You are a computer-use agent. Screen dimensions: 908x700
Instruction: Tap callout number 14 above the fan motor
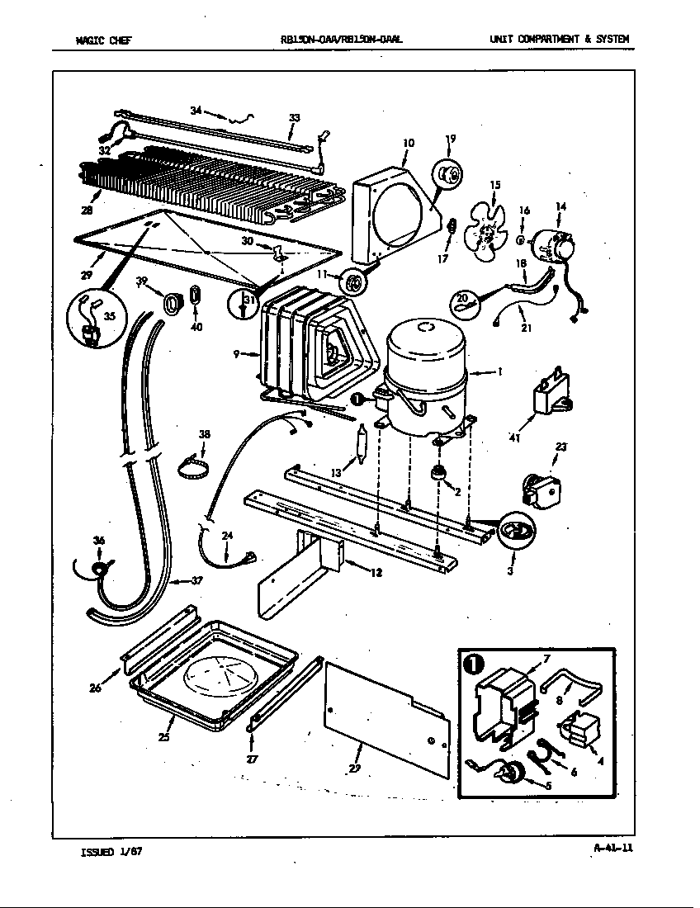tap(560, 206)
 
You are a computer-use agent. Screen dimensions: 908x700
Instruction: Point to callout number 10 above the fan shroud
tap(408, 144)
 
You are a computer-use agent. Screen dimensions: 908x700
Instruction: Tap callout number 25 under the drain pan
tap(164, 737)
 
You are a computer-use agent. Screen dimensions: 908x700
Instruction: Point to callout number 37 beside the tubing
tap(196, 581)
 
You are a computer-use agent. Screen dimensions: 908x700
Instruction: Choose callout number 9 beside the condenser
tap(237, 355)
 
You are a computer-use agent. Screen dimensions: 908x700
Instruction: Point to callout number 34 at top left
tap(196, 111)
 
